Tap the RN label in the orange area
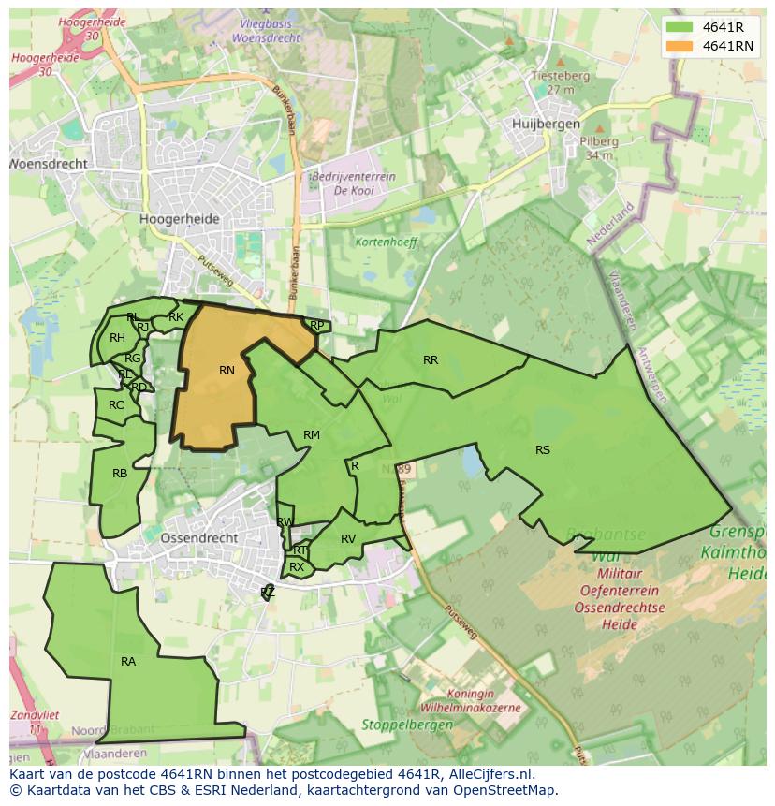tap(227, 371)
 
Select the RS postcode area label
tap(543, 450)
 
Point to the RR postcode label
tap(431, 360)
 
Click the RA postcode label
tap(128, 662)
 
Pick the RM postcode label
tap(312, 435)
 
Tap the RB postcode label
tap(120, 474)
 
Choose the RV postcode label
tap(348, 539)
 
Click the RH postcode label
tap(117, 338)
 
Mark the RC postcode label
tap(116, 405)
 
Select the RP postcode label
tap(317, 326)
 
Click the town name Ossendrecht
tap(199, 539)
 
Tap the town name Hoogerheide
tap(179, 219)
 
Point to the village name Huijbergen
tap(547, 124)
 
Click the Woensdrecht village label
tap(49, 164)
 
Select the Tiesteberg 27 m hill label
tap(561, 82)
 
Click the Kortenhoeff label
tap(385, 242)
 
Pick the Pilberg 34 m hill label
tap(600, 148)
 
